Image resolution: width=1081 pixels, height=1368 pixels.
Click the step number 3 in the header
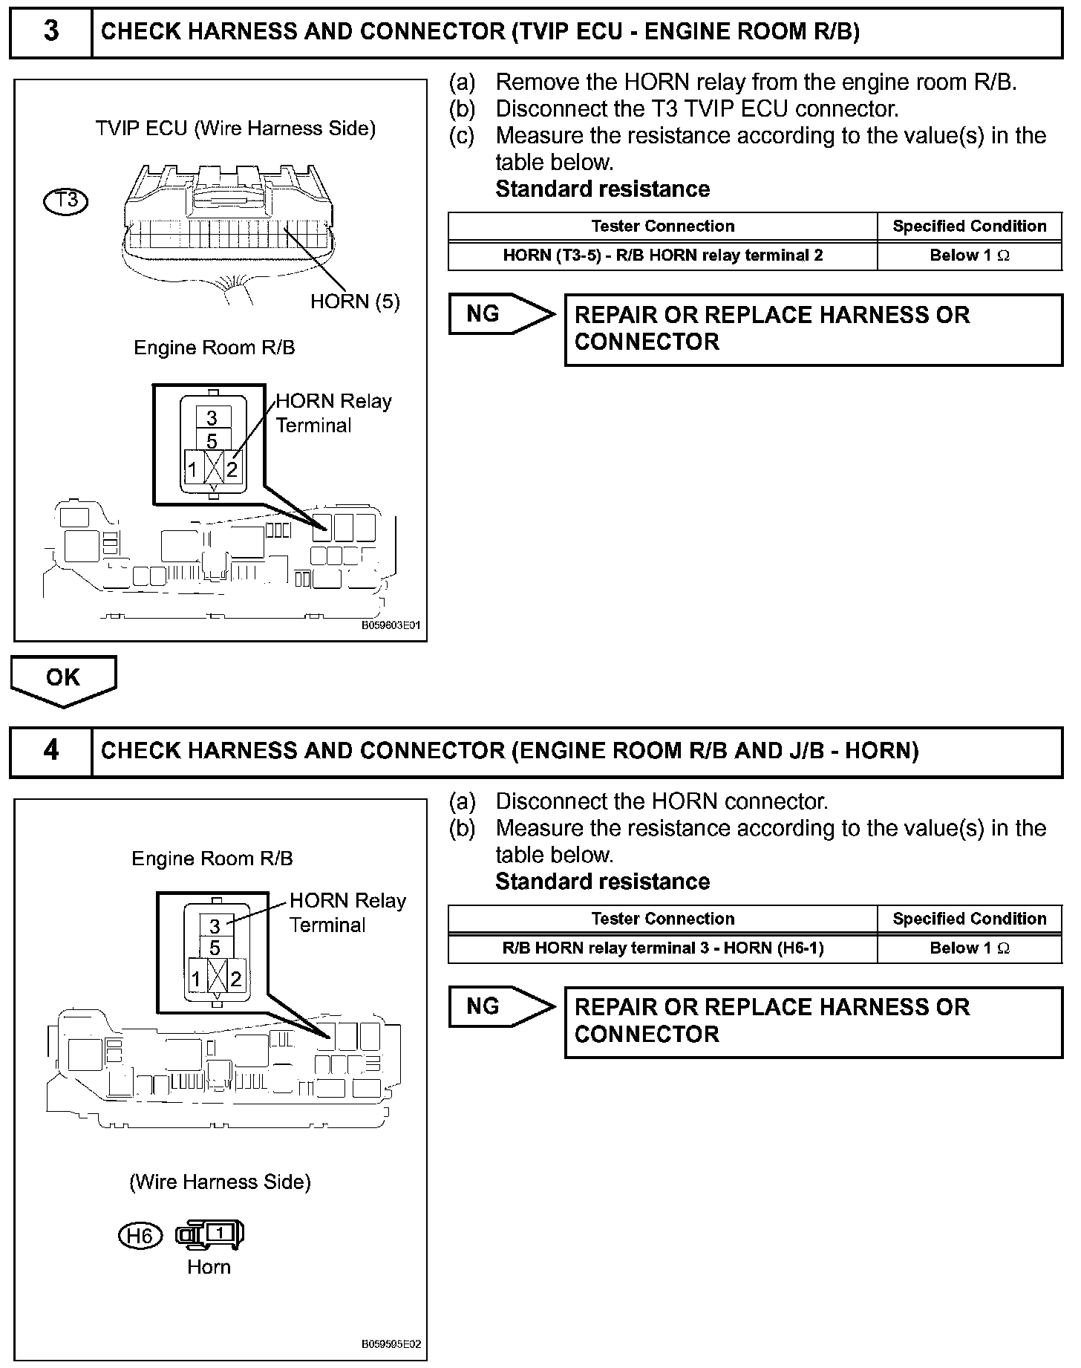click(x=50, y=32)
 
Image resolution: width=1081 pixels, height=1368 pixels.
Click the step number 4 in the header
click(x=50, y=751)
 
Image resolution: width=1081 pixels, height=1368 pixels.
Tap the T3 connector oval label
click(x=66, y=201)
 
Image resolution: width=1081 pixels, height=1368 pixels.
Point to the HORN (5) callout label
click(x=355, y=302)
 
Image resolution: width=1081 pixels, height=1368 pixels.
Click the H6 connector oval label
click(x=140, y=1236)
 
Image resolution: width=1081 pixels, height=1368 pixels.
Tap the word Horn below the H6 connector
click(x=209, y=1267)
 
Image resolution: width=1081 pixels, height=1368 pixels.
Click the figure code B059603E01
click(x=391, y=625)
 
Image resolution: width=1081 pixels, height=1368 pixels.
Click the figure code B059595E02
click(x=391, y=1345)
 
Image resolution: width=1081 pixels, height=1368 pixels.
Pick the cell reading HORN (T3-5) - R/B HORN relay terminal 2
click(x=662, y=255)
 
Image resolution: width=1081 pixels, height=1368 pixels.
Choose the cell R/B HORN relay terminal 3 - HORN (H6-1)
click(x=662, y=948)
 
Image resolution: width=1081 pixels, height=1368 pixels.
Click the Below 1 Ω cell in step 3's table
click(x=969, y=255)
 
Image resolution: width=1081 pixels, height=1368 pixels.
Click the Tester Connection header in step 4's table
click(x=662, y=919)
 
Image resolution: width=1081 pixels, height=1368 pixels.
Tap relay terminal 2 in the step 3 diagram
click(x=232, y=469)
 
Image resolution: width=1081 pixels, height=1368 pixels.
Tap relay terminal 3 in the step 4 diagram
click(x=215, y=926)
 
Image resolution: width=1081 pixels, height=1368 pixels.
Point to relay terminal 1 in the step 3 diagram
click(x=192, y=469)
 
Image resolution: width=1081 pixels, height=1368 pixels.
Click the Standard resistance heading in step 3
click(x=602, y=189)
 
